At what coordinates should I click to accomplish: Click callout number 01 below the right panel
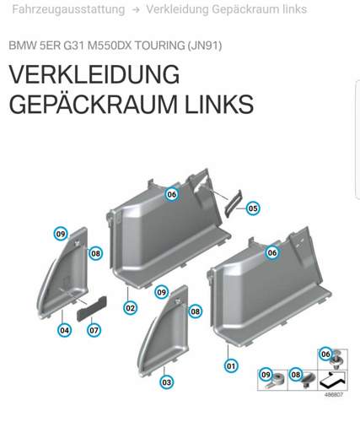230,365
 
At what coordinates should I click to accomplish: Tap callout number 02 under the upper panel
130,308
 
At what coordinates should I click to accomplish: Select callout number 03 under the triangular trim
167,381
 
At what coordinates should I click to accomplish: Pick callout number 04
64,330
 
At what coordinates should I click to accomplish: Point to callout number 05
253,208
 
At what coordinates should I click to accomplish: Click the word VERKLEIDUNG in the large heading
94,75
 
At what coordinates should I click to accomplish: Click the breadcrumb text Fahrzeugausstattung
64,10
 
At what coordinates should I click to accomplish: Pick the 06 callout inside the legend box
326,354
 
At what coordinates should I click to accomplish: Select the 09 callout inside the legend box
266,374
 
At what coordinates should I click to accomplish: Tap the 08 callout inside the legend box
296,374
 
